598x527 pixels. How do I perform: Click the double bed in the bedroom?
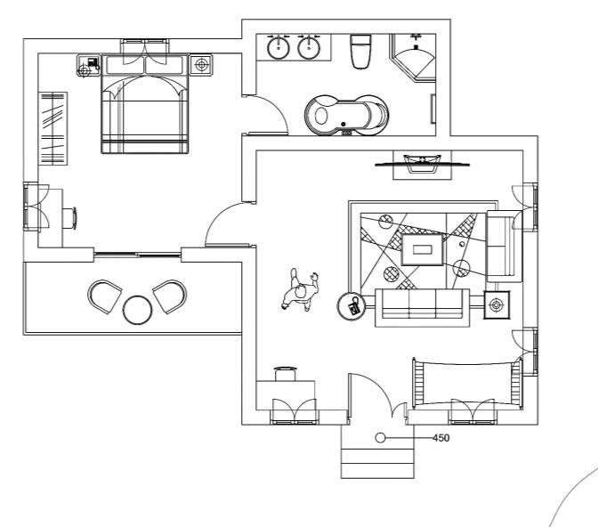146,111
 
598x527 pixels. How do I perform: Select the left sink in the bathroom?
279,46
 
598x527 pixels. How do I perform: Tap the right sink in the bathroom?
309,46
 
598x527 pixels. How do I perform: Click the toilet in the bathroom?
360,53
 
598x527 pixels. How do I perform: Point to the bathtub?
346,114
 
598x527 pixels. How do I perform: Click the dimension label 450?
440,438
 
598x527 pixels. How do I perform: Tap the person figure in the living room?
301,294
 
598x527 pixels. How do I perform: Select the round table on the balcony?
138,310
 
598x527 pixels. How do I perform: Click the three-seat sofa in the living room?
420,305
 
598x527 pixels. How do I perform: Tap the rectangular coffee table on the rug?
421,249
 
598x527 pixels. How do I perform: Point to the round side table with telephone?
352,306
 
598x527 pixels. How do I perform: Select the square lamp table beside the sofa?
496,305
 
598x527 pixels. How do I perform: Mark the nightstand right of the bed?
202,65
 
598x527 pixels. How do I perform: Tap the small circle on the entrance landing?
380,438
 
